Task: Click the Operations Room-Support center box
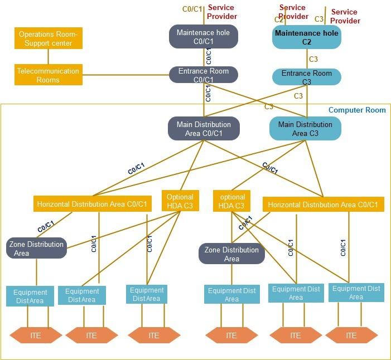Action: point(48,38)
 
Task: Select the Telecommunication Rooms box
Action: point(48,75)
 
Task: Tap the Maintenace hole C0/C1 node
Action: point(203,37)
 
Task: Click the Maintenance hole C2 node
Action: point(306,37)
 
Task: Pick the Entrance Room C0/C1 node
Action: point(203,75)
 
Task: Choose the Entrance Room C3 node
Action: point(306,77)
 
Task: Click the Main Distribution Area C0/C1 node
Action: point(203,129)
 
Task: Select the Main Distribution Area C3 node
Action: point(305,129)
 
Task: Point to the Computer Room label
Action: point(357,110)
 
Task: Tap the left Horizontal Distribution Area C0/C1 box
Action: point(92,205)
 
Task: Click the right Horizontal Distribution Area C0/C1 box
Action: point(323,205)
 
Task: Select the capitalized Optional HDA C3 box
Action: point(180,201)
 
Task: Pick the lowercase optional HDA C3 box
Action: point(231,201)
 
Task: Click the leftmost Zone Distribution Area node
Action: point(36,249)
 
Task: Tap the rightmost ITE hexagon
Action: point(351,335)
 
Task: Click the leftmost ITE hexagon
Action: point(36,335)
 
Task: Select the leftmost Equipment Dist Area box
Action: point(30,296)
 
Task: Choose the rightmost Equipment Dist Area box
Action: point(356,293)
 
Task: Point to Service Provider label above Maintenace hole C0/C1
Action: point(222,12)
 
